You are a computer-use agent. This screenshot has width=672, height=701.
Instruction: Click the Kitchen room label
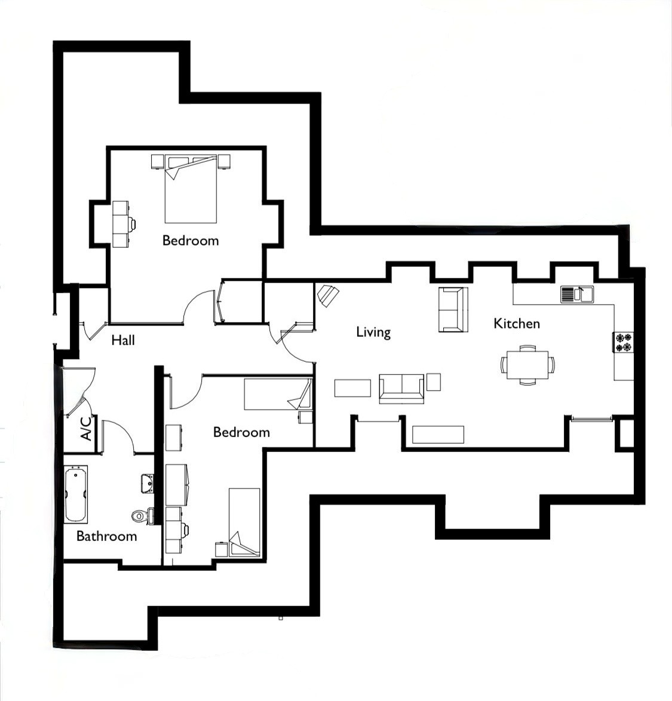517,323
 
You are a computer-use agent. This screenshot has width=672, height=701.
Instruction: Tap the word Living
373,332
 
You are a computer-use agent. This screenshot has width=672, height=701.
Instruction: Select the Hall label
123,340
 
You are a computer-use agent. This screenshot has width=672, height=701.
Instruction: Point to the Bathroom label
106,536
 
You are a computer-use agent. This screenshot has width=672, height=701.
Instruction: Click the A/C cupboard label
86,429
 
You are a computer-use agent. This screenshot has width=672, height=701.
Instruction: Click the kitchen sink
577,294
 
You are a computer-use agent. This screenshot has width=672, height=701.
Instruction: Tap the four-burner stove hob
623,342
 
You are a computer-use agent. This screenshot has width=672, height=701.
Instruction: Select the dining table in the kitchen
527,365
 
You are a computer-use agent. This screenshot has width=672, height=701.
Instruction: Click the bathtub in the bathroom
75,494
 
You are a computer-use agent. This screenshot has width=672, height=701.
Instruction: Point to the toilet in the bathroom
143,516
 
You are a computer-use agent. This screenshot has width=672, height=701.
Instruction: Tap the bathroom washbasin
147,484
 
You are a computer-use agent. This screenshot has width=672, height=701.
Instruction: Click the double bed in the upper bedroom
191,189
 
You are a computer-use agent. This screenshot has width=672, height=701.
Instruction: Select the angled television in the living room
328,295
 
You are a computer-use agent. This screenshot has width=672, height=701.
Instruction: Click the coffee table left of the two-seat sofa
352,388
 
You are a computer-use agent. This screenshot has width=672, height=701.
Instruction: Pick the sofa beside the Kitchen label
453,309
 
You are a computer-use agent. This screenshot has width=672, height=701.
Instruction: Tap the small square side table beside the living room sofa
433,382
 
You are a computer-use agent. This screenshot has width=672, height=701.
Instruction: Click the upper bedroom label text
191,241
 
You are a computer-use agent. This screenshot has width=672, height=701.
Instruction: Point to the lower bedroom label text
241,432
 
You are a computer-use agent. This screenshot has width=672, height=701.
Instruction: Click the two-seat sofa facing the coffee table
401,389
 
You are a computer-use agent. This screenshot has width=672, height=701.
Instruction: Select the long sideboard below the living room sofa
438,435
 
